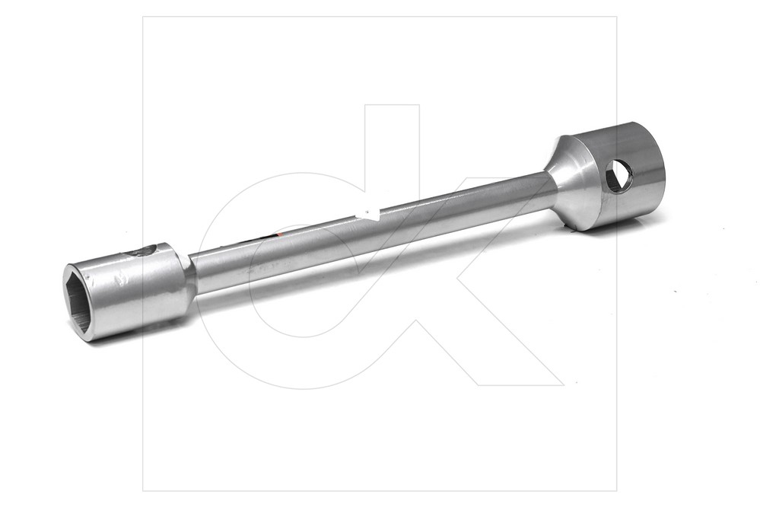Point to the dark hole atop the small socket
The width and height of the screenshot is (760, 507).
coord(141,252)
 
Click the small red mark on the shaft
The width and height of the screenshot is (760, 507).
coord(280,234)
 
